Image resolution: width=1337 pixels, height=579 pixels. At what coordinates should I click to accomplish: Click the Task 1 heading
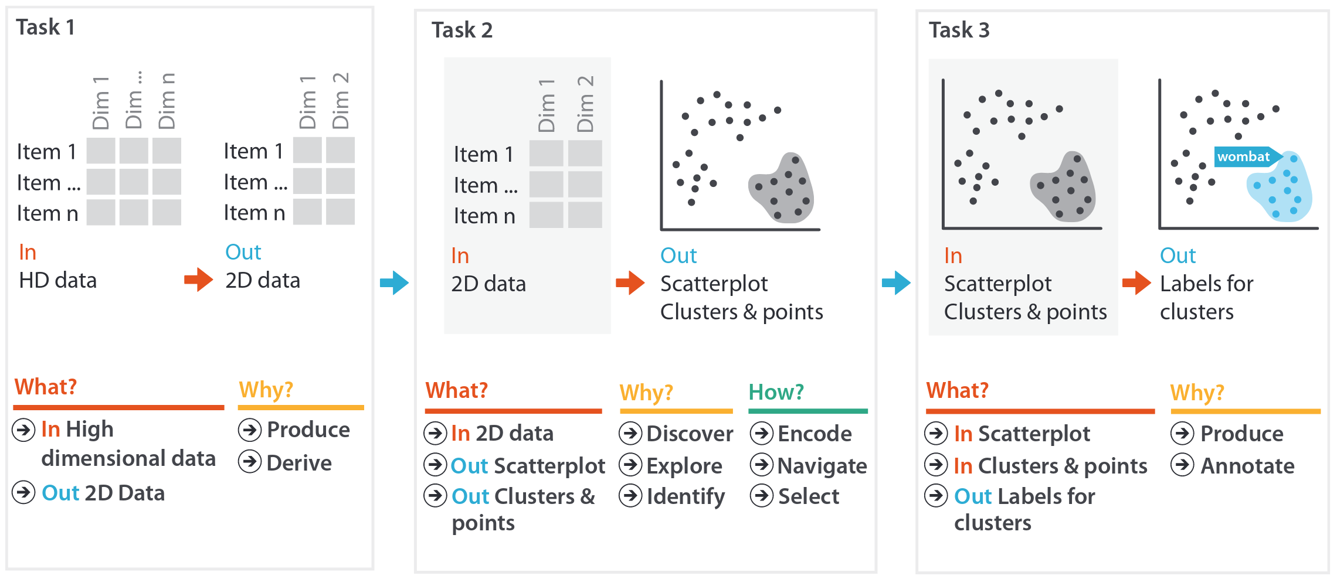(x=45, y=28)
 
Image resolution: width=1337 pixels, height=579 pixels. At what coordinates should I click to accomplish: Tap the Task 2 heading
(x=461, y=30)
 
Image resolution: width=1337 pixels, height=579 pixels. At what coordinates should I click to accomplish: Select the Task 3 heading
(x=959, y=30)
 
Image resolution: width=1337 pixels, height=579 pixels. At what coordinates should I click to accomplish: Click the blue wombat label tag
(x=1244, y=157)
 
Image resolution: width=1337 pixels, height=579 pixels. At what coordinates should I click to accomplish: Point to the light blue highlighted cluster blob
(x=1281, y=190)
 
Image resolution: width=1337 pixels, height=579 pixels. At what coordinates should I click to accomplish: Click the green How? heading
(x=776, y=392)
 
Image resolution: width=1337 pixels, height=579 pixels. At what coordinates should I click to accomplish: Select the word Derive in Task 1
(x=299, y=463)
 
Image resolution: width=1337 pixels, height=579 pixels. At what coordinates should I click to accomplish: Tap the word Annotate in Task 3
(x=1247, y=466)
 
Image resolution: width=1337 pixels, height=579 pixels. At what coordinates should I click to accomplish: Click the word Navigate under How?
(x=822, y=466)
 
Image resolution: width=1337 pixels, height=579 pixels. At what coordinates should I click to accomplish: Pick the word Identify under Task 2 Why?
(x=686, y=497)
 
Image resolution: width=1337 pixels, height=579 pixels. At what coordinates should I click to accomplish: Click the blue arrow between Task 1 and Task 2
(x=394, y=283)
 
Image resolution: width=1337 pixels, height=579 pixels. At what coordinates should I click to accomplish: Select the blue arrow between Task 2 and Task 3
(x=896, y=283)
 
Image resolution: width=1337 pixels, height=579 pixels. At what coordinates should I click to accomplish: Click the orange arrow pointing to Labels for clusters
(x=1136, y=283)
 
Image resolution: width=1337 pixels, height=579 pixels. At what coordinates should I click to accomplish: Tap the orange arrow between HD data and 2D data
(x=198, y=280)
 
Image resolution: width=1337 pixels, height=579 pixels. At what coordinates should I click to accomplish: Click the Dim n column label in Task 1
(x=167, y=101)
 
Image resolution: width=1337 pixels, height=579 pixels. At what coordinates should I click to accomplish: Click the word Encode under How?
(x=815, y=434)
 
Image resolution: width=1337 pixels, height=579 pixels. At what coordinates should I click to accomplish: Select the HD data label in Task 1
(x=57, y=281)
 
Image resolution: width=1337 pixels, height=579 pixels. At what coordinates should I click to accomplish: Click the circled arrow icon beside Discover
(x=630, y=434)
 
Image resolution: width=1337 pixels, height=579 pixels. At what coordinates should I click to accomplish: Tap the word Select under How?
(x=808, y=497)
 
